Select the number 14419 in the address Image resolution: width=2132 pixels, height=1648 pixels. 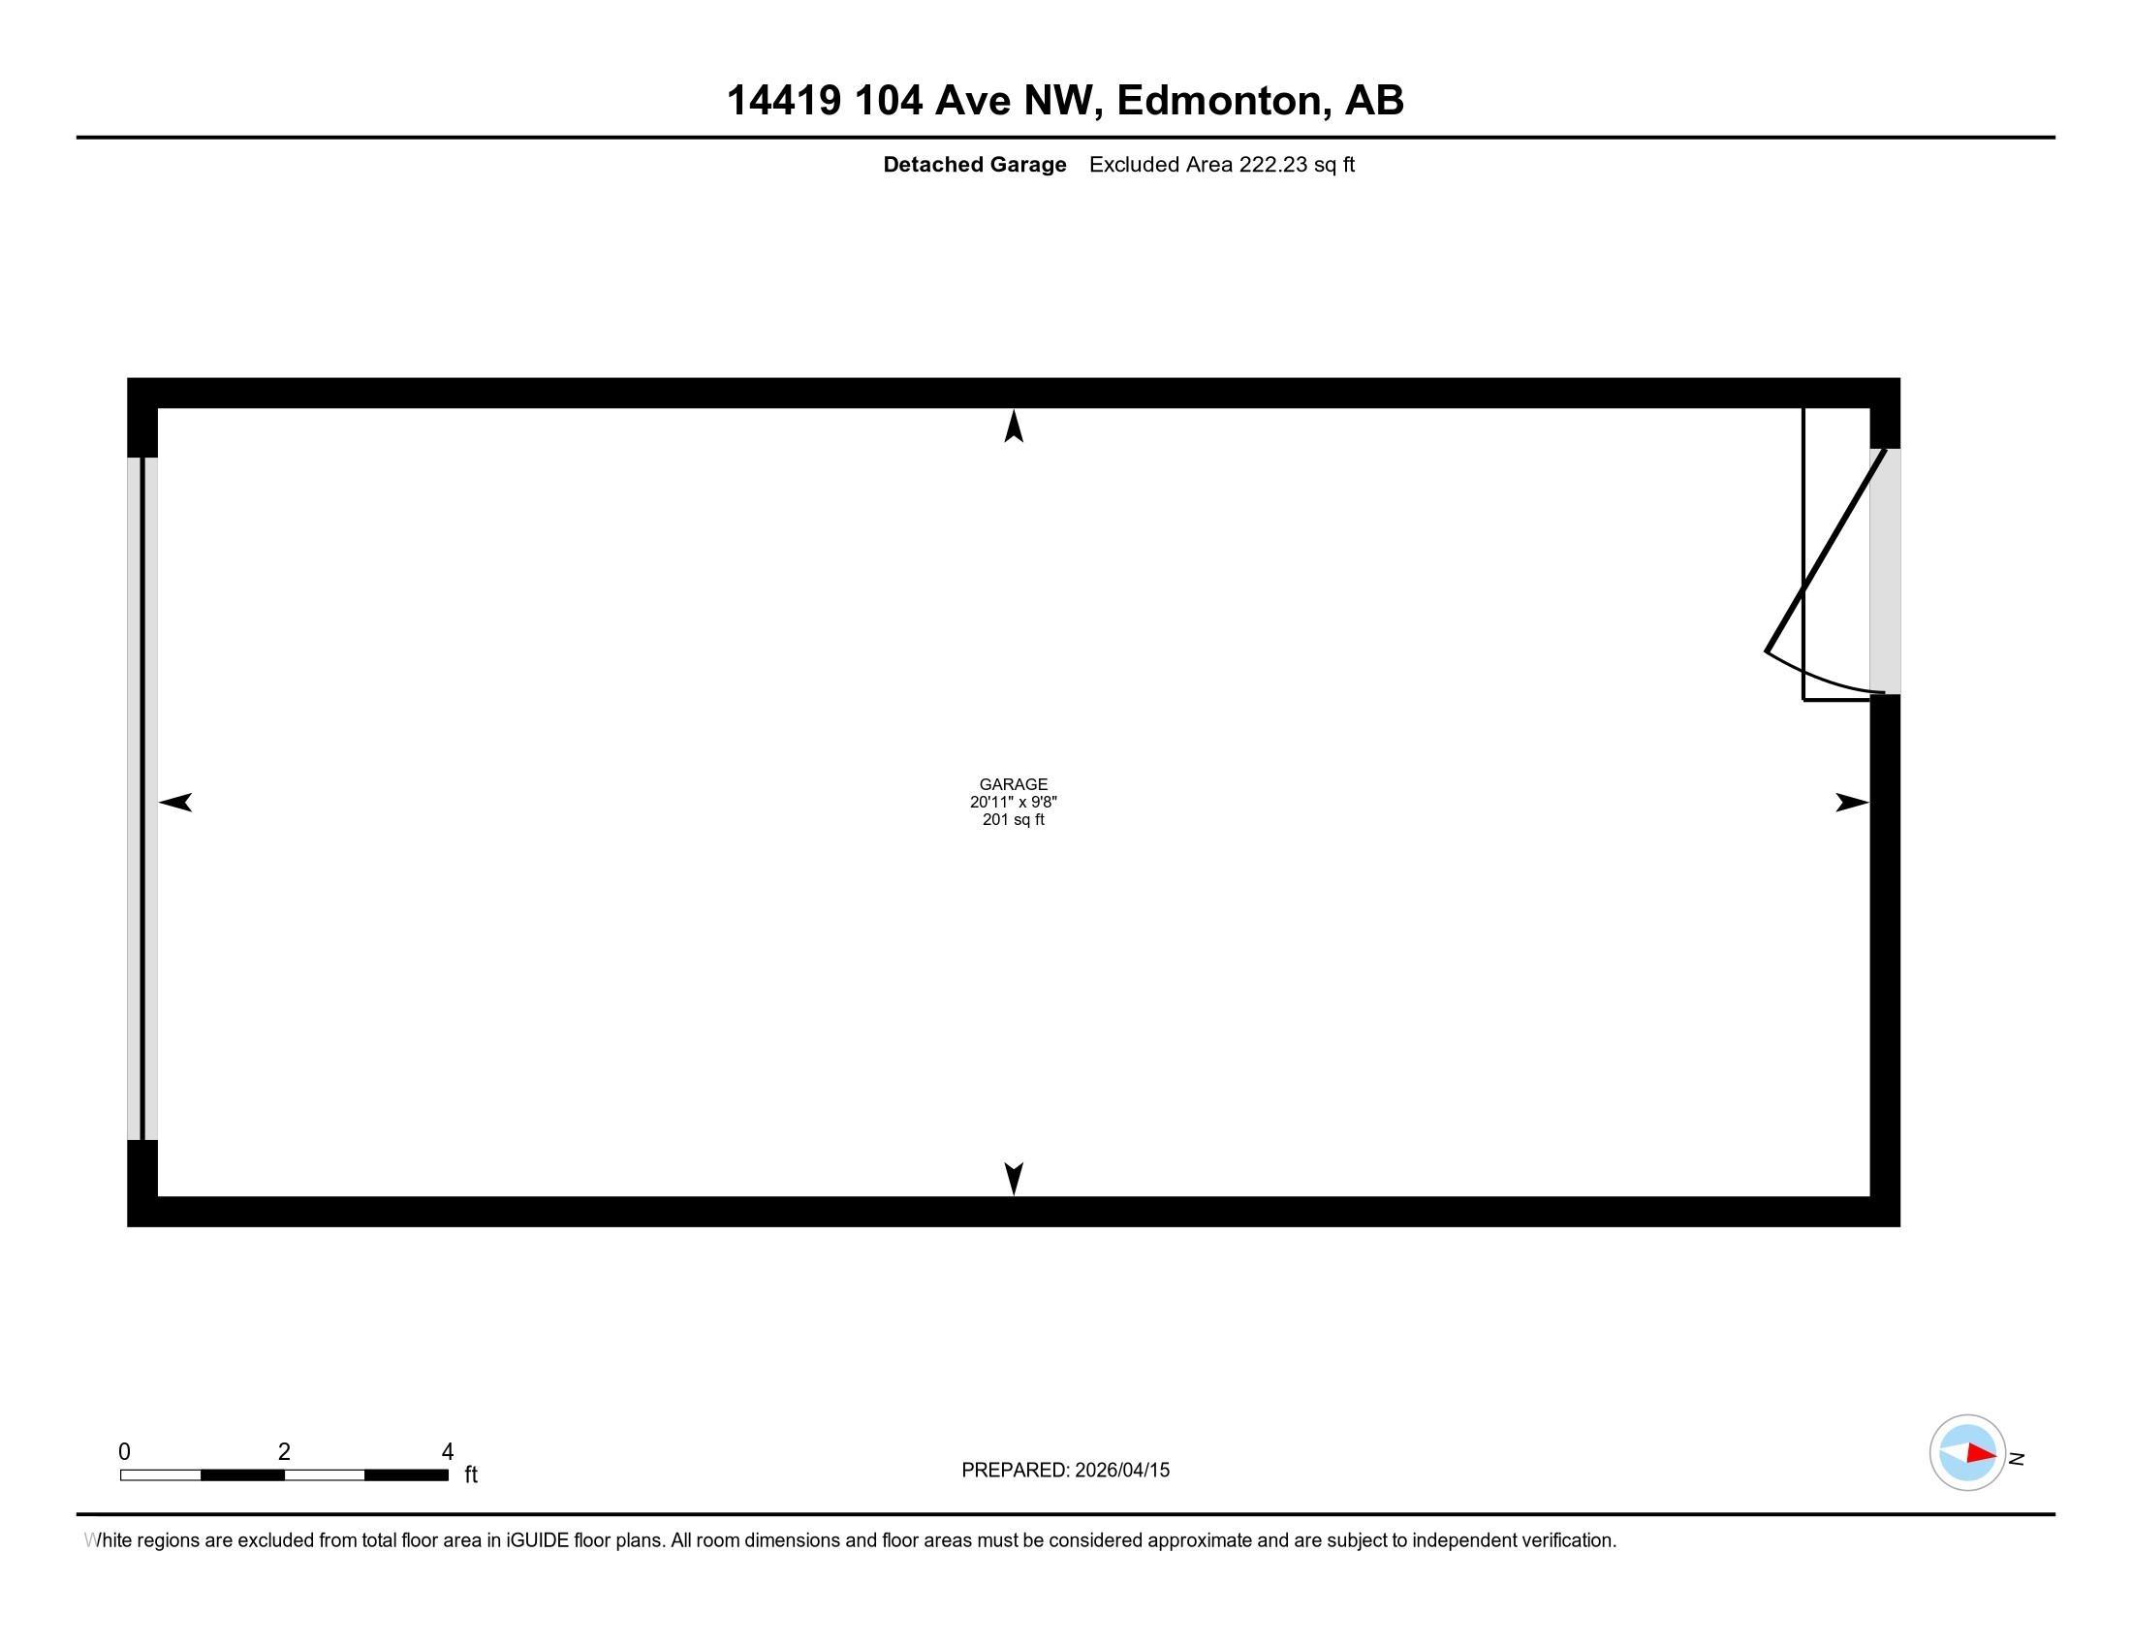click(x=783, y=101)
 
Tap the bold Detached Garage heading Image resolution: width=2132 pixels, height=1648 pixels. click(x=974, y=165)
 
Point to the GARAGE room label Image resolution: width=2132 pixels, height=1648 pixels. click(x=1014, y=784)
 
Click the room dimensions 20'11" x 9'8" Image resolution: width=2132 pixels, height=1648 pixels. click(x=1014, y=802)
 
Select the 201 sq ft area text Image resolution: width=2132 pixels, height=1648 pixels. click(x=1014, y=820)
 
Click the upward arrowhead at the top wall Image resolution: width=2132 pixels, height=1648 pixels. click(x=1014, y=427)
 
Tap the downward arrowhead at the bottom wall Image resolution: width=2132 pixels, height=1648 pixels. click(x=1014, y=1178)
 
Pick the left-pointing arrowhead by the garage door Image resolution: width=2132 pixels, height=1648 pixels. click(x=175, y=803)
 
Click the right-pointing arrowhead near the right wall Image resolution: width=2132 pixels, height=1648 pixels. click(x=1851, y=803)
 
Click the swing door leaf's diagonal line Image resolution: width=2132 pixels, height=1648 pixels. click(x=1826, y=552)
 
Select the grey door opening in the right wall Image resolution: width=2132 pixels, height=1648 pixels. click(x=1885, y=571)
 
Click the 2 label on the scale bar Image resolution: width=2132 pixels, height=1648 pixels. click(x=284, y=1452)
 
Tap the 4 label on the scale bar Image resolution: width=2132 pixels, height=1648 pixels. click(x=447, y=1452)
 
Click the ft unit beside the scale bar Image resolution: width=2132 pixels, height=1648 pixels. click(x=471, y=1474)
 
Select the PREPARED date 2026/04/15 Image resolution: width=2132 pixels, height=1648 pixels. click(x=1121, y=1471)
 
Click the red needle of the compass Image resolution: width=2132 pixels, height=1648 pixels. click(x=1981, y=1454)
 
